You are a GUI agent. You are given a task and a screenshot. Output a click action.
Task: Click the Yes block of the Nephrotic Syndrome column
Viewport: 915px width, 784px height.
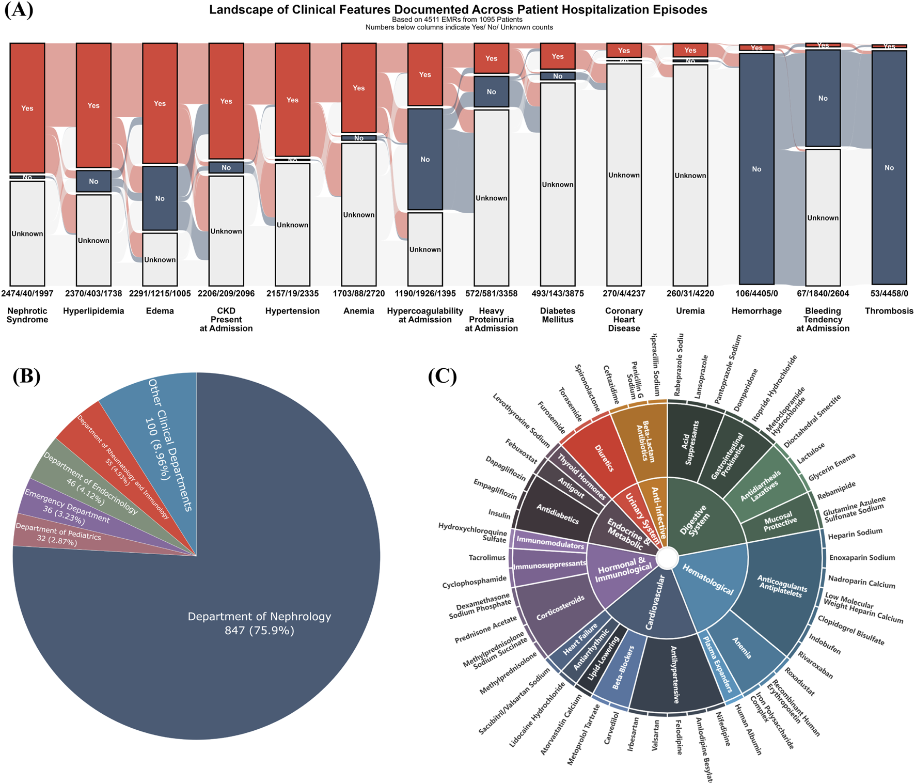coord(27,108)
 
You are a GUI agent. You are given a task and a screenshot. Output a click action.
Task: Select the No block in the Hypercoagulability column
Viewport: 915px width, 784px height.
coord(425,159)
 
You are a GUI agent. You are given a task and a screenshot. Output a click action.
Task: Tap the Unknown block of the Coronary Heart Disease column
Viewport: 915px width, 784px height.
coord(624,175)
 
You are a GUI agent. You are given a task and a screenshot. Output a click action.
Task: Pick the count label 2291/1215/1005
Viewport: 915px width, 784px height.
coord(160,293)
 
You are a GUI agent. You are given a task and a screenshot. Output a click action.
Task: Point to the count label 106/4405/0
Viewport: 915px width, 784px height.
coord(756,293)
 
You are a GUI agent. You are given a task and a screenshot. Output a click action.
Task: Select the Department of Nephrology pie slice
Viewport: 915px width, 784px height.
coord(259,622)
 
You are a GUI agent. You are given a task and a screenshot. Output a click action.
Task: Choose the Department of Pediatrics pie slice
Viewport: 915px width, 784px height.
coord(57,535)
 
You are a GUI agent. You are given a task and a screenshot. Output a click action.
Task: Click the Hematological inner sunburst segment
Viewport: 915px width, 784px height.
coord(707,578)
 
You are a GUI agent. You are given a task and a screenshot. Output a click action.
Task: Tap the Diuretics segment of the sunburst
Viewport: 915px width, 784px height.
coord(604,458)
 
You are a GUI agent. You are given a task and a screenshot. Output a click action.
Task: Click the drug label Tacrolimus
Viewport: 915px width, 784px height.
coord(486,558)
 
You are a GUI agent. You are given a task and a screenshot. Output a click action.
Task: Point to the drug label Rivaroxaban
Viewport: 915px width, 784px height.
coord(815,664)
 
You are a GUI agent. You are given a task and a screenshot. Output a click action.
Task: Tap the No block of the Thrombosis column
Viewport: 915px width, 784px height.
coord(889,167)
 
